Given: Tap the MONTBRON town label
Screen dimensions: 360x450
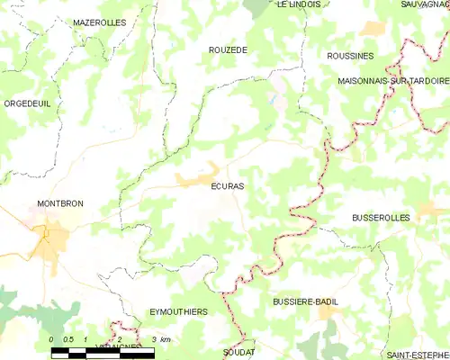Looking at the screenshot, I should (x=60, y=204).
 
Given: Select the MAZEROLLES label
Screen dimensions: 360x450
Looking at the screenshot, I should (x=99, y=22).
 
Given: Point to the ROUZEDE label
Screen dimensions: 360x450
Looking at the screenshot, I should (x=227, y=50).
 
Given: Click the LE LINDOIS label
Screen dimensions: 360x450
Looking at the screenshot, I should (x=299, y=4).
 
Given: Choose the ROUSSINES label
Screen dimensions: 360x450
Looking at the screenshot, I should (x=350, y=56).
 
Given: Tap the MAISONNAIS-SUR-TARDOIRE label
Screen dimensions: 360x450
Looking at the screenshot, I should (x=393, y=80).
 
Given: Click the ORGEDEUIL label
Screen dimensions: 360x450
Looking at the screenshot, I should (x=27, y=103).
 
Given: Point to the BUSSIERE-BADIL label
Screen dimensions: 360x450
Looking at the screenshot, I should (x=304, y=302).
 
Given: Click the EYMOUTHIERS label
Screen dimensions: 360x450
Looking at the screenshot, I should (x=178, y=311).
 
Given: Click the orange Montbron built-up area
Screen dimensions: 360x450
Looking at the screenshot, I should (x=52, y=238).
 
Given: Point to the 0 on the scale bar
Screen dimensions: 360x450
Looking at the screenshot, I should (x=50, y=338).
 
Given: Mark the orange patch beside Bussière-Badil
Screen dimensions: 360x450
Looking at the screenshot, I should (x=329, y=312).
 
